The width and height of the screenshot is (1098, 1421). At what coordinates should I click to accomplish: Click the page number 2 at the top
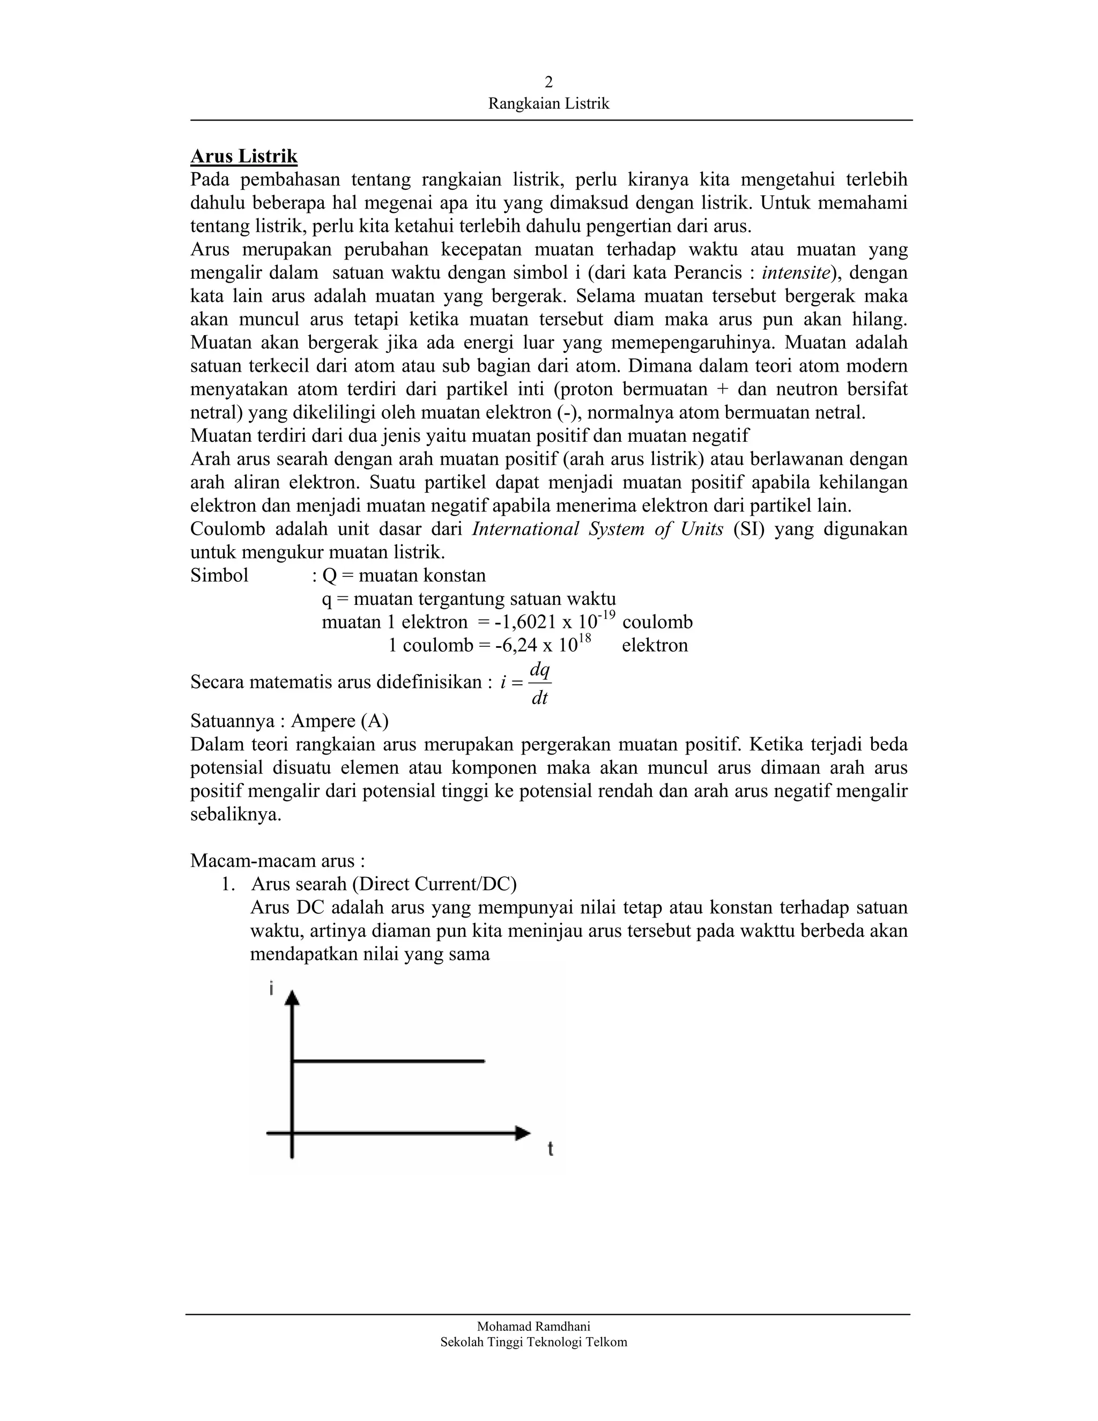548,82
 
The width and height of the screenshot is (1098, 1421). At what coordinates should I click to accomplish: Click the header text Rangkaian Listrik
548,103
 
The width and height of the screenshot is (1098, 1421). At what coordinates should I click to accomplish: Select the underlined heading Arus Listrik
244,156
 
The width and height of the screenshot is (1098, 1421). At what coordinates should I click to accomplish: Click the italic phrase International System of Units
597,529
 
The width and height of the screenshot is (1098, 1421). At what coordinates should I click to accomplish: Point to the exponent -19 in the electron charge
607,615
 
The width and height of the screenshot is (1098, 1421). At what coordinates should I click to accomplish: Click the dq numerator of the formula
539,669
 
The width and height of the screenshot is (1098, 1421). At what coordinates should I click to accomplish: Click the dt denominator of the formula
539,699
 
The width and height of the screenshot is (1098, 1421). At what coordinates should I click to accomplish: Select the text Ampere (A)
339,721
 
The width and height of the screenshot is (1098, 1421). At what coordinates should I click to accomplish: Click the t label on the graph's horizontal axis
550,1150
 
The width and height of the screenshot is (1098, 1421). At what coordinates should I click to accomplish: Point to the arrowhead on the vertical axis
292,997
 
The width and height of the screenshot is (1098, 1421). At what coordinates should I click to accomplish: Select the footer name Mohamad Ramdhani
533,1326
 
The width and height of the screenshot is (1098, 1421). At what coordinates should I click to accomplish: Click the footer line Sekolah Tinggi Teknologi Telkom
533,1342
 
